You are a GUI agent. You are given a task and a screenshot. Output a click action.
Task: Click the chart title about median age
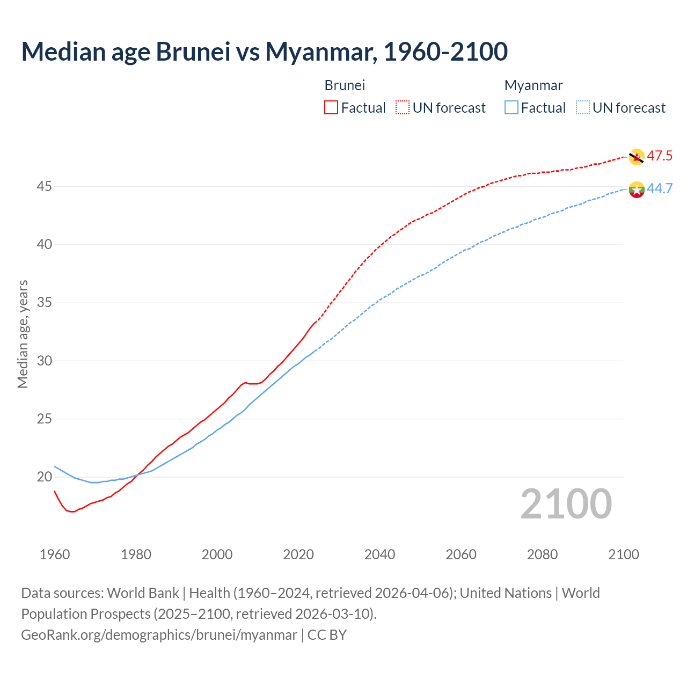(264, 52)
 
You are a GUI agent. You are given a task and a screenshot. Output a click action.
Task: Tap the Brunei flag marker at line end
(637, 157)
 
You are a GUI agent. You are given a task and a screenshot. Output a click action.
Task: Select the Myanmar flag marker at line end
(637, 189)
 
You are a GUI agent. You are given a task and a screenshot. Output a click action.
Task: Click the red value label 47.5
(660, 156)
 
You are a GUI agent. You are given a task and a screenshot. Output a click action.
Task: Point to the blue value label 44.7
(660, 188)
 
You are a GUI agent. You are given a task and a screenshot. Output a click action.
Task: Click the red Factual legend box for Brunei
(331, 108)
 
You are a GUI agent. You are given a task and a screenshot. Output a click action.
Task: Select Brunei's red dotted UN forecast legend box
(403, 108)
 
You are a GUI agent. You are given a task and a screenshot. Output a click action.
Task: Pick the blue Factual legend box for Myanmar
(511, 108)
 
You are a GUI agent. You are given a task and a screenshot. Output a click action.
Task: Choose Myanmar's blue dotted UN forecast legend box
(583, 108)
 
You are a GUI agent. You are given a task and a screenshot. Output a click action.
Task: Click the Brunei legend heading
(345, 85)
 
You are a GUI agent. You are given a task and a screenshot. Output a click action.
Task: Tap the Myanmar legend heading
(533, 85)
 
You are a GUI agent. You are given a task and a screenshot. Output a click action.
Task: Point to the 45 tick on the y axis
(45, 186)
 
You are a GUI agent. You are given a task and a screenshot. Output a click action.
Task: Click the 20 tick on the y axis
(45, 477)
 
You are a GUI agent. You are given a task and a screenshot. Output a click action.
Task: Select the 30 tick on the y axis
(45, 361)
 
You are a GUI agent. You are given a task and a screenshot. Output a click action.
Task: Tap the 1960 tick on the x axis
(55, 554)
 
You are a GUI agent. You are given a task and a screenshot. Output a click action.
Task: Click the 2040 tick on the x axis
(379, 554)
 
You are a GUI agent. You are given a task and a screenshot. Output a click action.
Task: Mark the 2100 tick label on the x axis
(623, 554)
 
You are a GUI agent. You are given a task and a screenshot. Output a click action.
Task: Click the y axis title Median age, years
(23, 334)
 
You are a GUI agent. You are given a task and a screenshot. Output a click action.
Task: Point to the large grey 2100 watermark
(566, 504)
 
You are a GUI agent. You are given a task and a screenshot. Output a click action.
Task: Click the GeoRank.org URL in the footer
(159, 635)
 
